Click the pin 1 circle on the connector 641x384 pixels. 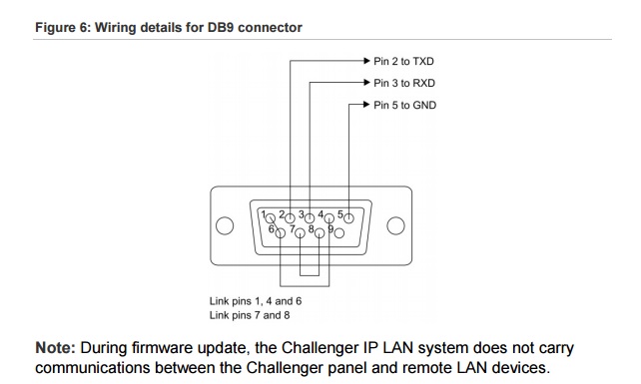pos(271,218)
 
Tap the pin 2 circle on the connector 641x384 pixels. pos(290,218)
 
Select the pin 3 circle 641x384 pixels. pos(310,218)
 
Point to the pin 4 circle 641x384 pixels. pos(329,218)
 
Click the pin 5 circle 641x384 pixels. pos(348,218)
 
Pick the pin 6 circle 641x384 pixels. pos(281,233)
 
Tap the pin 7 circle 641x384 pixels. pos(301,233)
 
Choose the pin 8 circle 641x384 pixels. pos(320,233)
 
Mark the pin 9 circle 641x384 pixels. pos(339,233)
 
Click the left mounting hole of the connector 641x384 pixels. pos(225,225)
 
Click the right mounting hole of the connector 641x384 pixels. pos(395,225)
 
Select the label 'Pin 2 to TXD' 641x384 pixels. pos(403,61)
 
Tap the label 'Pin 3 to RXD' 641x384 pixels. pos(404,84)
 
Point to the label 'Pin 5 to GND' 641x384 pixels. pos(404,106)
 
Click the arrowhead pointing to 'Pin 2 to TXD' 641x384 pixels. pos(366,61)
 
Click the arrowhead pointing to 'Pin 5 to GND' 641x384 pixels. pos(366,104)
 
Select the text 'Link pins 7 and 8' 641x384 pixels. pos(250,315)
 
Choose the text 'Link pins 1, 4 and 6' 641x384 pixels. pos(256,301)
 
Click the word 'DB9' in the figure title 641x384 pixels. pos(221,27)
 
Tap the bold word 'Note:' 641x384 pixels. pos(56,348)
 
